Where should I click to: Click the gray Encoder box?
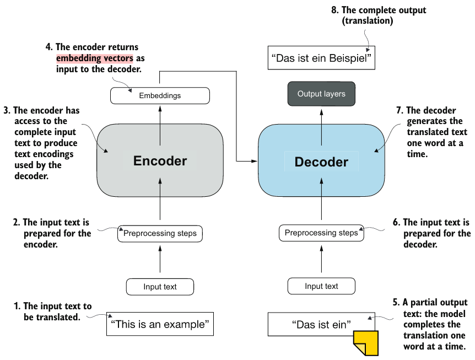coord(160,160)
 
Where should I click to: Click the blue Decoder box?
coord(321,161)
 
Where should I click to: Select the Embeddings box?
coord(160,95)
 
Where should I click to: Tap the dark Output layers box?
coord(321,94)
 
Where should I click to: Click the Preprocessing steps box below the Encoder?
coord(160,234)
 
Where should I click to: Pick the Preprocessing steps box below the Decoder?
coord(321,233)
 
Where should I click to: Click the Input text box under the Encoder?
coord(160,287)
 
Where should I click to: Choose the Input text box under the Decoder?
coord(321,286)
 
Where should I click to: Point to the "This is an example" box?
coord(160,324)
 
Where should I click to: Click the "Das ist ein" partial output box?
coord(321,324)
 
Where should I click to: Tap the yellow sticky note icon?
coord(366,343)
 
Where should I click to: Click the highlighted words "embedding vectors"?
coord(94,58)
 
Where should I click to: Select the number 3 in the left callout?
coord(7,111)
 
